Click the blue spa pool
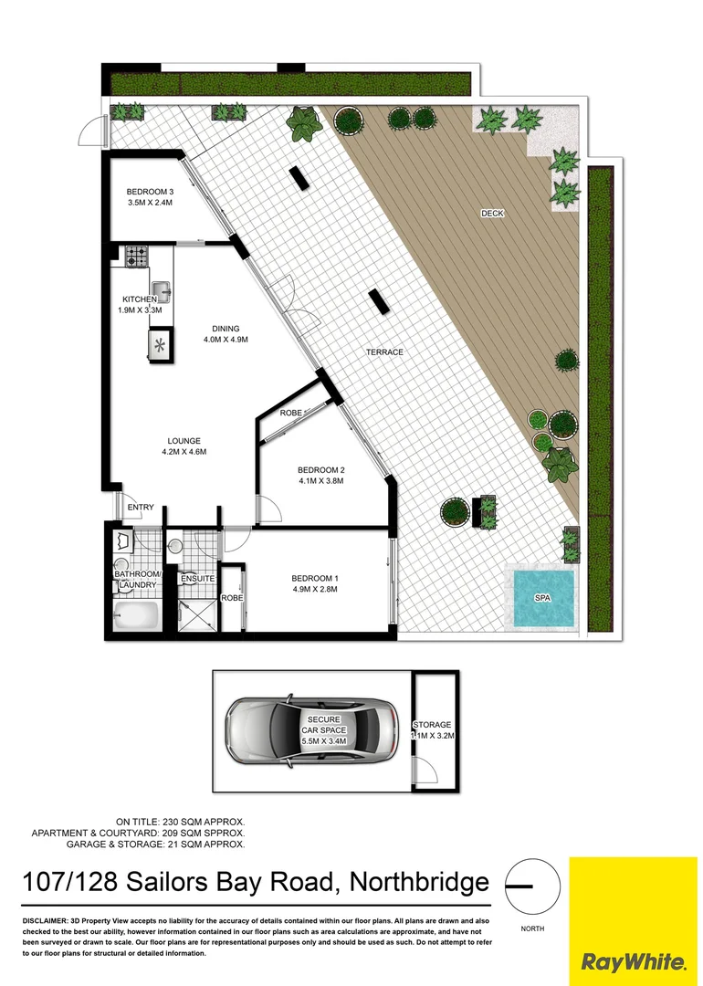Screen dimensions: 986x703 (543, 598)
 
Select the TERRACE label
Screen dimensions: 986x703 (384, 352)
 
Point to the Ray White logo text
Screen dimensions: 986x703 (634, 961)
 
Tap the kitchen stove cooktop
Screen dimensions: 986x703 (137, 257)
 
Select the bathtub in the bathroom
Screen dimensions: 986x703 (136, 616)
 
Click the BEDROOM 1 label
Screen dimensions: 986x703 (315, 578)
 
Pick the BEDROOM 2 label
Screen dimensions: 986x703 (320, 470)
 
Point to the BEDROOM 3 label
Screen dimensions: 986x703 (150, 192)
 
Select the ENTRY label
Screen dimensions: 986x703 (141, 508)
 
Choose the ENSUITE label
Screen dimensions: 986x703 (196, 579)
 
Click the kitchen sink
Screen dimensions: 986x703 (162, 292)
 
